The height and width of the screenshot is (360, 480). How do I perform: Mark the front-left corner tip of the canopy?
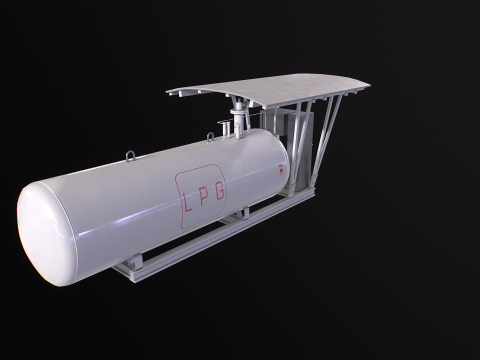[x=169, y=92]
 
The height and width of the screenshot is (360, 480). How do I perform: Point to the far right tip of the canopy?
[x=367, y=86]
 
